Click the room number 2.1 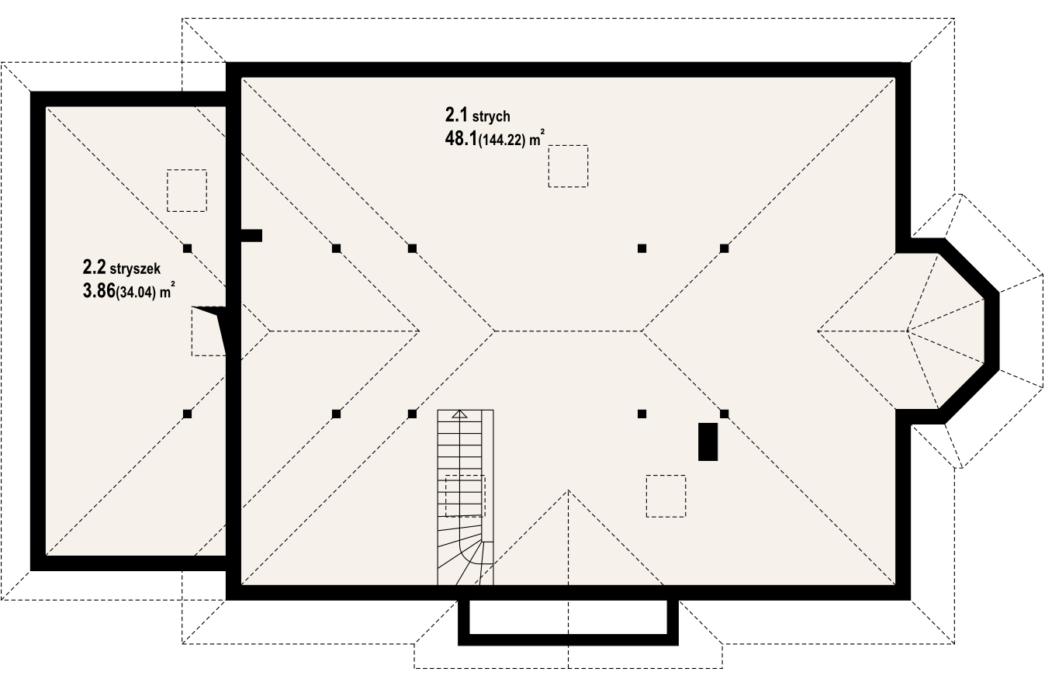pos(456,114)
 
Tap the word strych pos(491,116)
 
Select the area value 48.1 pos(461,139)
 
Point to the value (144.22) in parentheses pos(502,140)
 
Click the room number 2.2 pos(94,268)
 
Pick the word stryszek pos(135,269)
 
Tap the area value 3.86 pos(99,291)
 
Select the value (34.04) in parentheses pos(135,293)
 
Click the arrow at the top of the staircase pos(460,414)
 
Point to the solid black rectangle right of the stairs pos(708,442)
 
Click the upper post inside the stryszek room pos(187,248)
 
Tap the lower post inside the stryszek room pos(187,414)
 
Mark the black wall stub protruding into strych pos(251,236)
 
